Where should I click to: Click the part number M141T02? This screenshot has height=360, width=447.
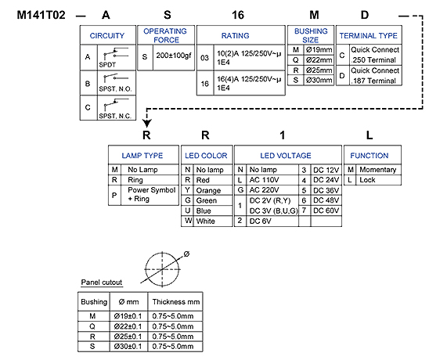tap(41, 15)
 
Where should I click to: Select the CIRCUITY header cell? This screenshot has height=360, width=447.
tap(107, 35)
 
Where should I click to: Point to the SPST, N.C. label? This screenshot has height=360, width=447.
tap(115, 116)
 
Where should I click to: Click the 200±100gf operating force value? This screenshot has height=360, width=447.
tap(174, 56)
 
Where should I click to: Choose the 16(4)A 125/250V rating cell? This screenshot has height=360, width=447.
tap(249, 83)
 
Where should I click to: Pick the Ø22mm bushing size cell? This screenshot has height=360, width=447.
tap(319, 60)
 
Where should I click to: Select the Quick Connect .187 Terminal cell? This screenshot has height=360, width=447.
tap(375, 76)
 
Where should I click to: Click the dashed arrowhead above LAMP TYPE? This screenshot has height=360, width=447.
tap(147, 123)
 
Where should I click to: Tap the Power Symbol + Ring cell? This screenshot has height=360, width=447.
tap(151, 194)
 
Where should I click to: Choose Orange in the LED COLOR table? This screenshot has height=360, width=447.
tap(208, 190)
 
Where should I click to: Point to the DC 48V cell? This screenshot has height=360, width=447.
tap(326, 200)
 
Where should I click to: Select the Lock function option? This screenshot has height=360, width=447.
tap(367, 180)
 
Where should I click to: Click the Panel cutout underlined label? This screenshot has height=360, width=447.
tap(102, 283)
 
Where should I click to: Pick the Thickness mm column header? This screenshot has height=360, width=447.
tap(176, 302)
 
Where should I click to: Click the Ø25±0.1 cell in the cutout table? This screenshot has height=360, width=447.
tap(128, 337)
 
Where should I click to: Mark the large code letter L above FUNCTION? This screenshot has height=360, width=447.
tap(369, 135)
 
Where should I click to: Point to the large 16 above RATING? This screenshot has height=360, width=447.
tap(238, 15)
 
